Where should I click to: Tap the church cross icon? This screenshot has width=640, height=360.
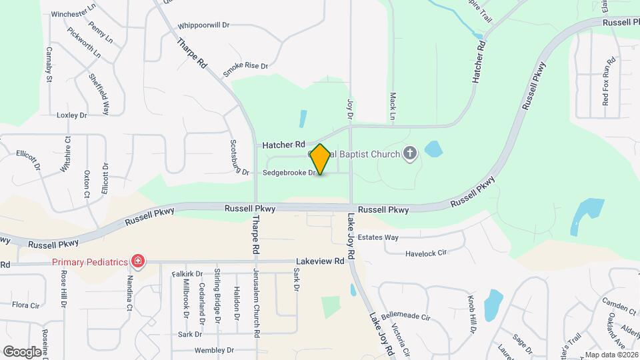pyautogui.click(x=410, y=155)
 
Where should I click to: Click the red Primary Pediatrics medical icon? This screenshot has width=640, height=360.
pyautogui.click(x=138, y=261)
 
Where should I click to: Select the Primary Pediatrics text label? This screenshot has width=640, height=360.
pyautogui.click(x=90, y=262)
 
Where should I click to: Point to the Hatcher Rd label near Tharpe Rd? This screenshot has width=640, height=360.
pyautogui.click(x=283, y=144)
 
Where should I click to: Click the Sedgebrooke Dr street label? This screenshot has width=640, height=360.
pyautogui.click(x=289, y=173)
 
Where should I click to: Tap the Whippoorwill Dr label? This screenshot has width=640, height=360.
pyautogui.click(x=203, y=26)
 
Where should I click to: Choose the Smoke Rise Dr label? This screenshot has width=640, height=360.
pyautogui.click(x=245, y=67)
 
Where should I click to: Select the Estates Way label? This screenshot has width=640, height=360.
pyautogui.click(x=378, y=237)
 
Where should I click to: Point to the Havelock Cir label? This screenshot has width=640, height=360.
pyautogui.click(x=425, y=253)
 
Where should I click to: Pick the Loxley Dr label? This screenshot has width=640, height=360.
pyautogui.click(x=72, y=115)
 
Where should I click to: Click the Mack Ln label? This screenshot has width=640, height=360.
pyautogui.click(x=393, y=107)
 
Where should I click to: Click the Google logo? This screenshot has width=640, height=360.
pyautogui.click(x=23, y=351)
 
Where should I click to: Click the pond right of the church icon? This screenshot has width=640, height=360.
pyautogui.click(x=433, y=149)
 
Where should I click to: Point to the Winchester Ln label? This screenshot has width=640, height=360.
pyautogui.click(x=74, y=13)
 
